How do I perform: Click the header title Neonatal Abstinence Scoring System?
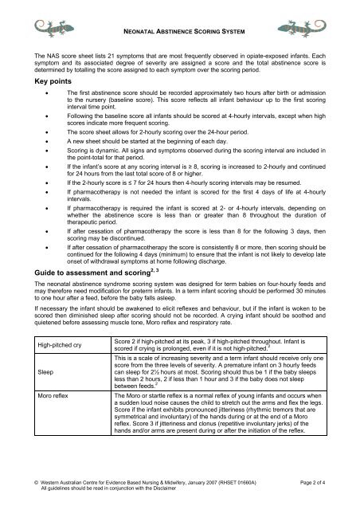pos(179,31)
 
